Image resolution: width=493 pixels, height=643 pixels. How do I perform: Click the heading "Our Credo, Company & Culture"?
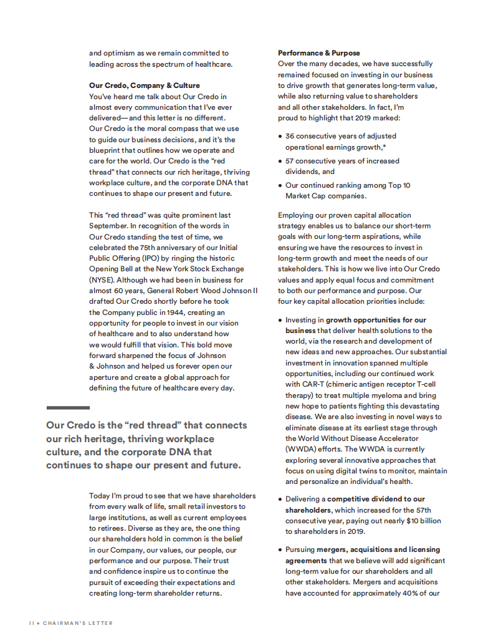tap(145, 85)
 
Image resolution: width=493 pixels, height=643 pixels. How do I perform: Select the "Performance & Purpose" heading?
tap(318, 53)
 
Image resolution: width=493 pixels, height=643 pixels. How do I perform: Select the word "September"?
tap(108, 226)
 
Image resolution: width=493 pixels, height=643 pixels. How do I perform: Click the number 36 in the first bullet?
tap(290, 136)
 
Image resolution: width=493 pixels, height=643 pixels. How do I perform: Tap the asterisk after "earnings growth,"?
tap(385, 147)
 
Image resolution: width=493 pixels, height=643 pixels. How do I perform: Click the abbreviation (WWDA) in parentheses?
tap(301, 449)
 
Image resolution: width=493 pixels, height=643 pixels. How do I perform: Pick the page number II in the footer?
tap(32, 623)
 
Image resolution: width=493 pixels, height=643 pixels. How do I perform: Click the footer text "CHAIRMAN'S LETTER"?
tap(78, 623)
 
